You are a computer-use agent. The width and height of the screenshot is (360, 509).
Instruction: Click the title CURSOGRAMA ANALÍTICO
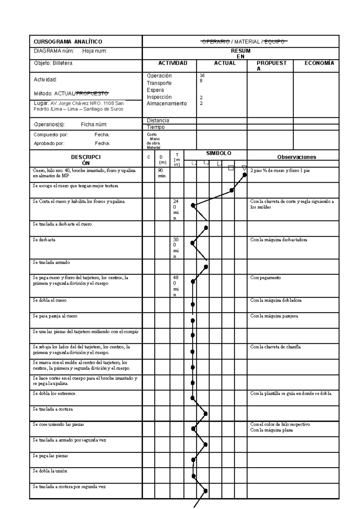[68, 42]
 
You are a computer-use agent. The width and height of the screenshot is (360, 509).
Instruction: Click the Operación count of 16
[202, 76]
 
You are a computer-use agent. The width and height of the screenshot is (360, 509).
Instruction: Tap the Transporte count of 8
[201, 81]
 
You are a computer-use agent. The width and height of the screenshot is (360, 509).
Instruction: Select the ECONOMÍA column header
[319, 63]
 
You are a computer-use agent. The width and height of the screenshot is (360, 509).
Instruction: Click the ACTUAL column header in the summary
[225, 63]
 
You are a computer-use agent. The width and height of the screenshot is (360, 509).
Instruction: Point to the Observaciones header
[296, 157]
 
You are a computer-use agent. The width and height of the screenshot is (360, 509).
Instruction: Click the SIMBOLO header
[218, 153]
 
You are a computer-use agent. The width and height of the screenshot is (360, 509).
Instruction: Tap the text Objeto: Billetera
[53, 63]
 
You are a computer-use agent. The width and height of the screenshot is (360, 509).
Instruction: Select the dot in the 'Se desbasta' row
[192, 243]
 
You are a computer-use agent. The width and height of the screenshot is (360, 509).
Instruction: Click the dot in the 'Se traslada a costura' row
[205, 414]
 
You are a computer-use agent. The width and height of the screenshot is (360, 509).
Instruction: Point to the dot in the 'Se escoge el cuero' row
[232, 190]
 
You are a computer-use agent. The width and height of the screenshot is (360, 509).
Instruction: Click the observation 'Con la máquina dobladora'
[276, 300]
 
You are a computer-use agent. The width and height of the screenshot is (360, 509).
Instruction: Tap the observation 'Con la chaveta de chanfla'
[275, 347]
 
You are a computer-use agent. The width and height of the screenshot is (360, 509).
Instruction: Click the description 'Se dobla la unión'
[50, 471]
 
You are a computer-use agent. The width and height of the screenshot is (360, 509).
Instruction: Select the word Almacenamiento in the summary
[166, 103]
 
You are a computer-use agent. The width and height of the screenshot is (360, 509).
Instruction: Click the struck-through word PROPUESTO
[92, 94]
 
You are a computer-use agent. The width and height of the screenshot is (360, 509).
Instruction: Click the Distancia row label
[158, 121]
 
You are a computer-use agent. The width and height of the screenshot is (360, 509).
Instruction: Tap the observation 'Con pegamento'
[265, 278]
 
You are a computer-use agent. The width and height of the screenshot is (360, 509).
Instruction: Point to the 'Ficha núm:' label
[94, 124]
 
